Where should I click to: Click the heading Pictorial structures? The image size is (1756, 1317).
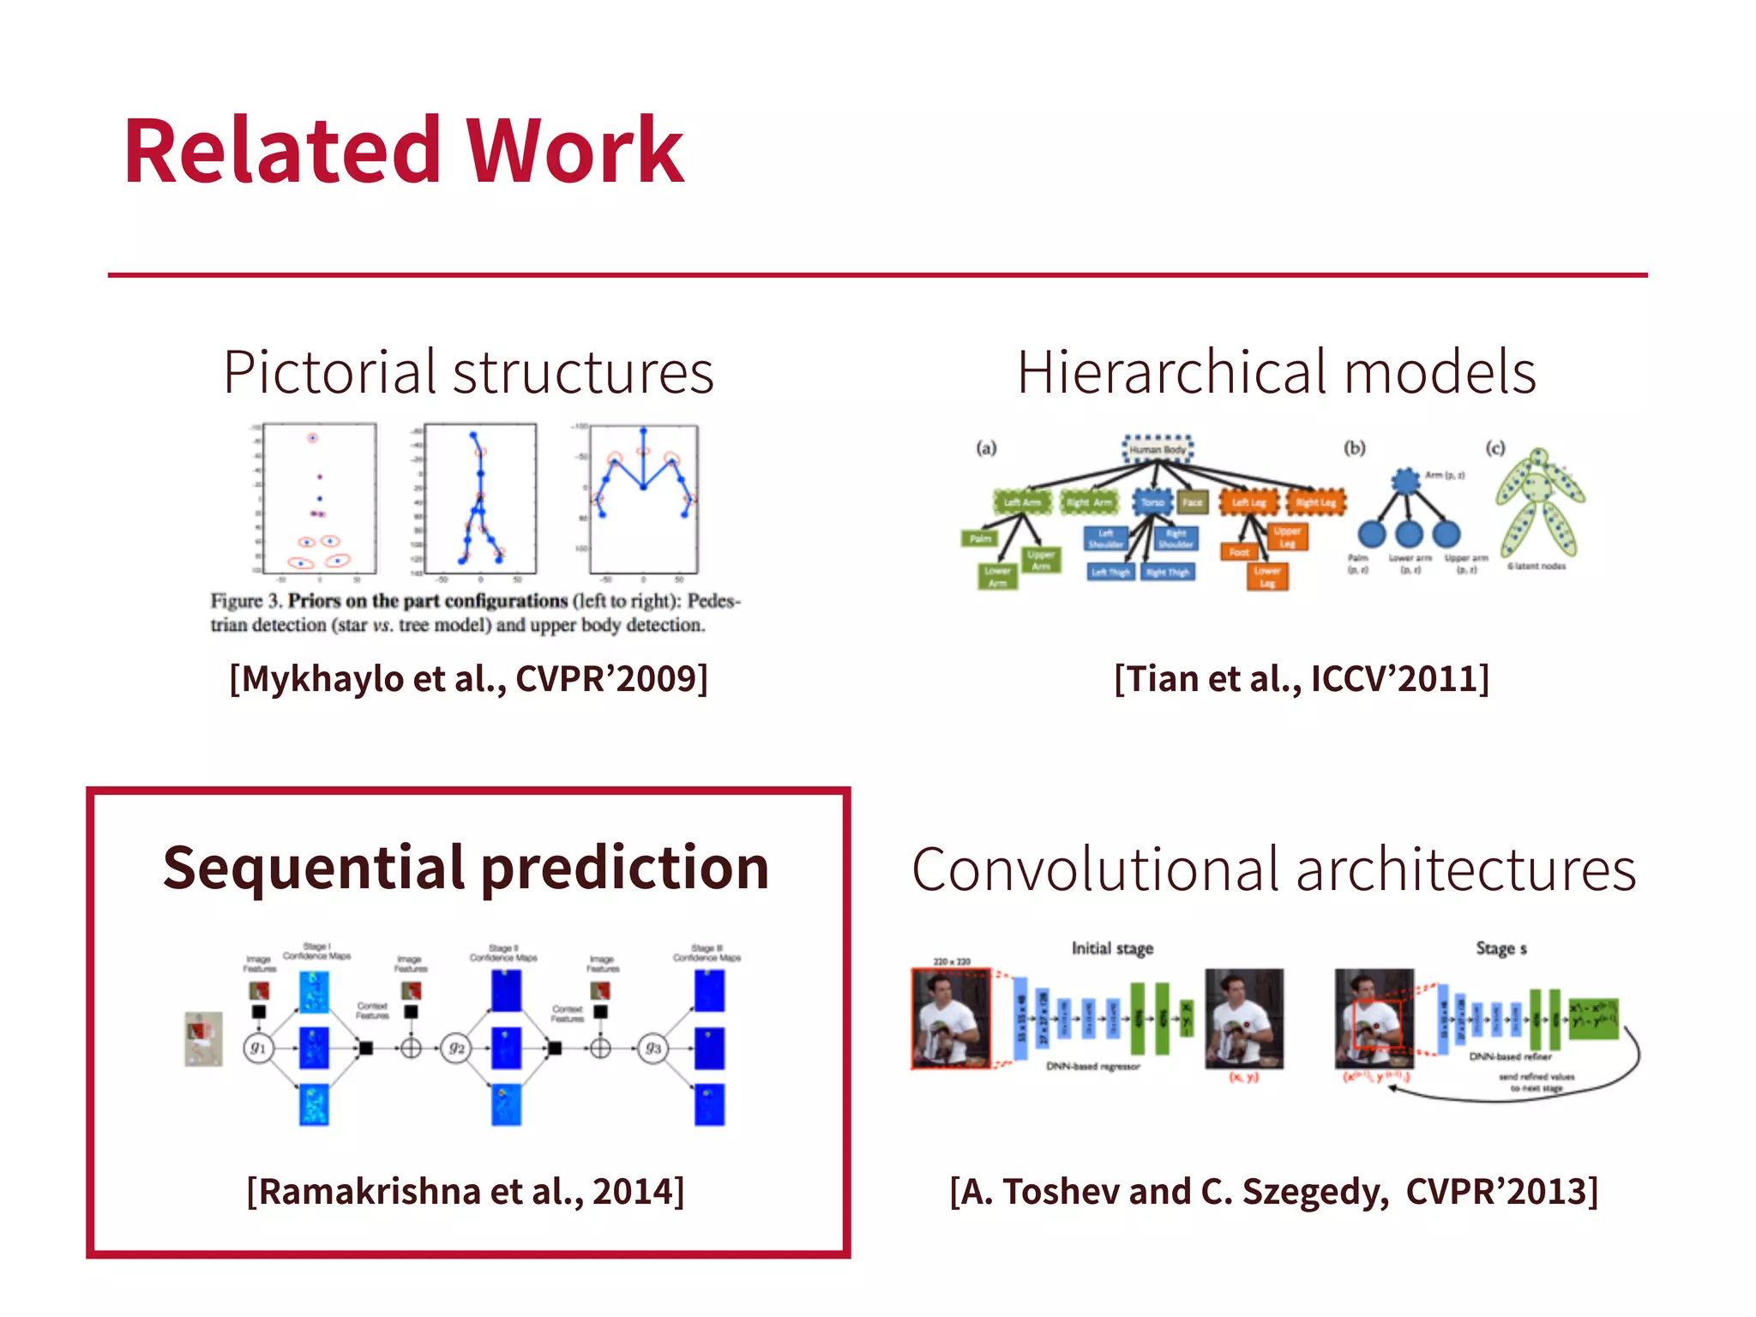point(468,372)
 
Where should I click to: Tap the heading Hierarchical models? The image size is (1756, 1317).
point(1276,372)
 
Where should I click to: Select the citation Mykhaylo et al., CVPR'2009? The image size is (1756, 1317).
point(468,679)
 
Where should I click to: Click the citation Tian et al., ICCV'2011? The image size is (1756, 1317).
point(1302,679)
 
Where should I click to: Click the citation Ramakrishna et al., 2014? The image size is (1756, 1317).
point(466,1191)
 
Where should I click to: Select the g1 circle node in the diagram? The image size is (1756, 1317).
point(258,1048)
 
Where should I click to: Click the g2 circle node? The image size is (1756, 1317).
point(456,1048)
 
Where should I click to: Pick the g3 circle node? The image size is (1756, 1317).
point(653,1048)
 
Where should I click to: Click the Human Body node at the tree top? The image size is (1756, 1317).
point(1158,448)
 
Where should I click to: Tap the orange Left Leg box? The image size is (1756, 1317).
point(1248,502)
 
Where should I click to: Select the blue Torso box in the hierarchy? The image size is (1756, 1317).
point(1152,502)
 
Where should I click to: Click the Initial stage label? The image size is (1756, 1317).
point(1112,948)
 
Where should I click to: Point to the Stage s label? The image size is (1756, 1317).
point(1500,948)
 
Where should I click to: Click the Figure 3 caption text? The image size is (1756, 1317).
point(475,612)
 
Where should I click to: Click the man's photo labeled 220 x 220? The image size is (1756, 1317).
point(951,1019)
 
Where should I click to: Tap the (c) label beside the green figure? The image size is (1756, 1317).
point(1495,448)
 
